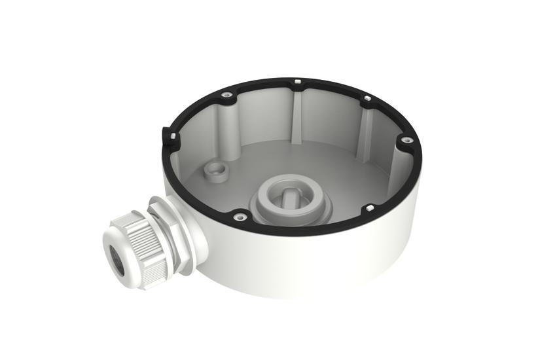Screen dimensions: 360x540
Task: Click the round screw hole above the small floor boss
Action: [228, 96]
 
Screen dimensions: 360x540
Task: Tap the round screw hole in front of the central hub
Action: [240, 216]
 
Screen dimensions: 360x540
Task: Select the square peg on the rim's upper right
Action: [367, 99]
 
